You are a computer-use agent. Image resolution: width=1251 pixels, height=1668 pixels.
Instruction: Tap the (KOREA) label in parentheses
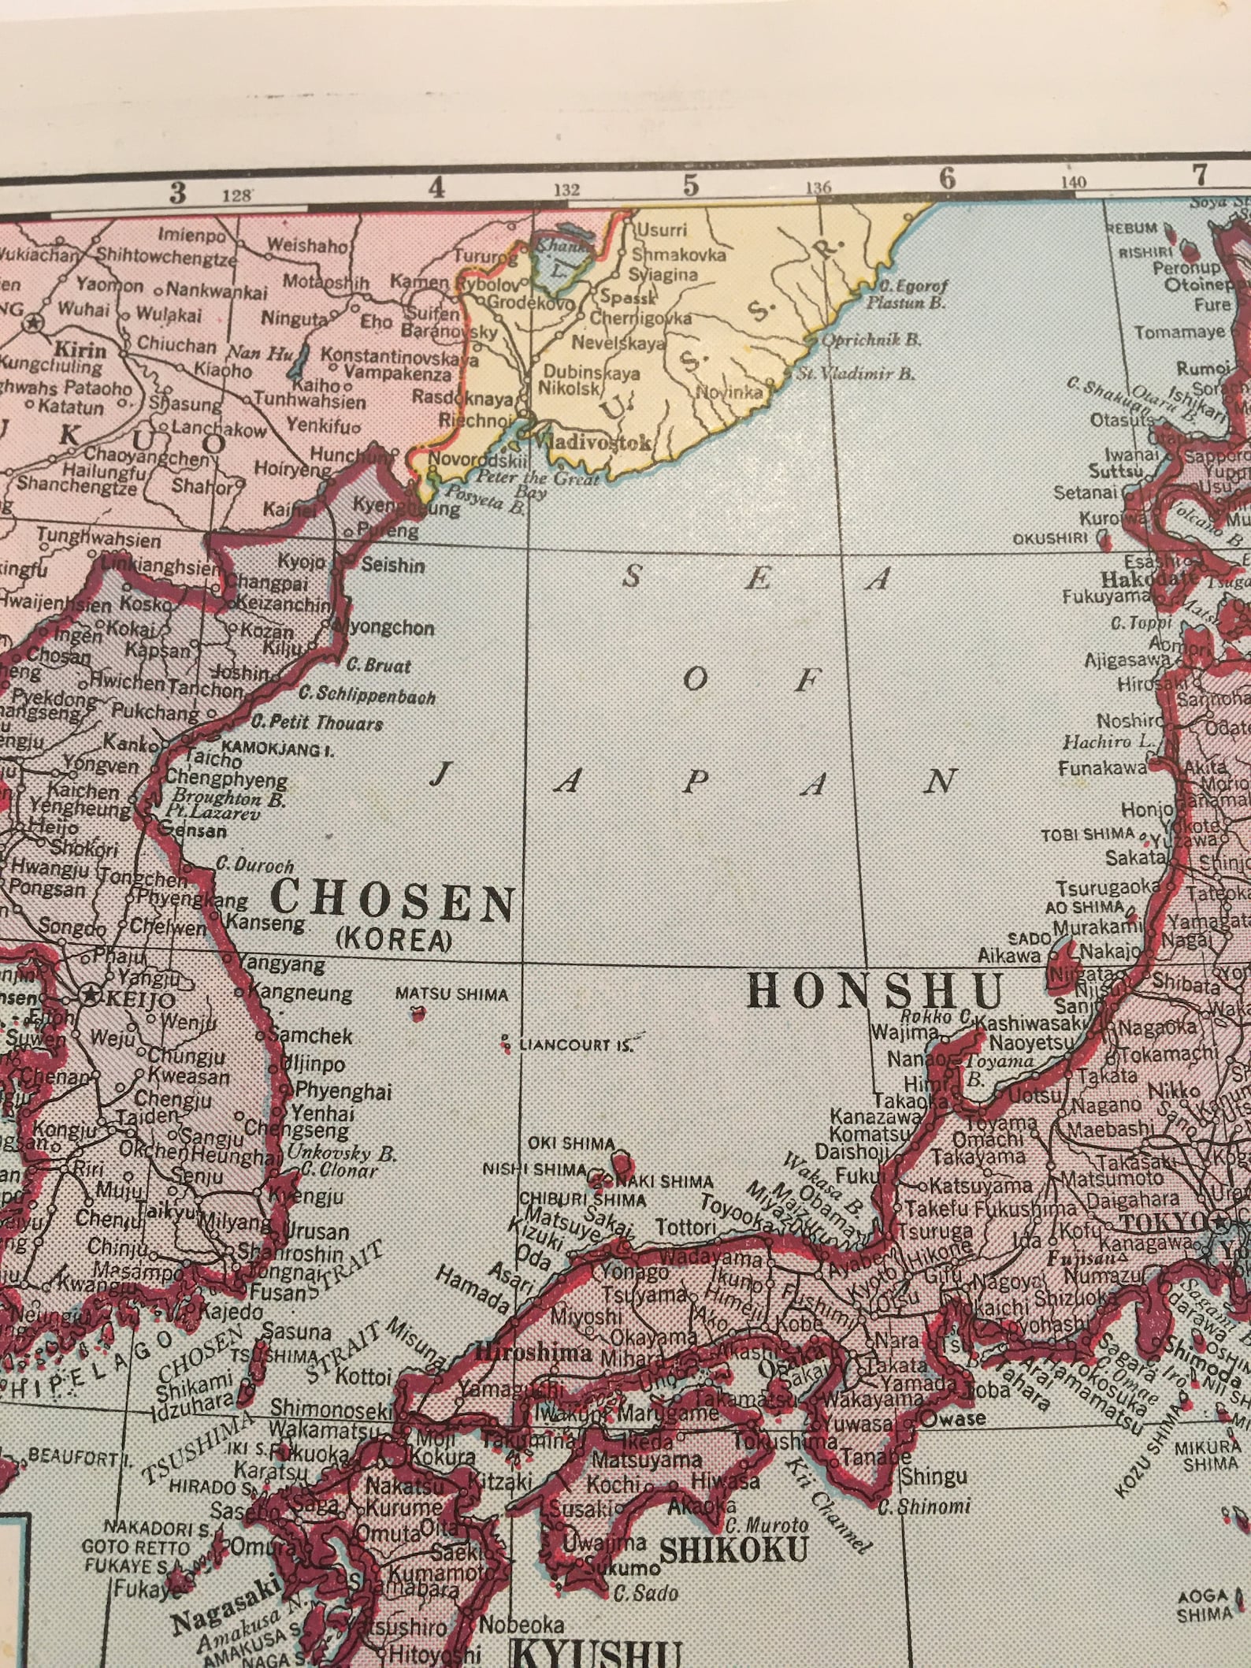click(395, 940)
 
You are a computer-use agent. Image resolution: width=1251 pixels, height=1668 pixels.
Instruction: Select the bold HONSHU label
click(874, 990)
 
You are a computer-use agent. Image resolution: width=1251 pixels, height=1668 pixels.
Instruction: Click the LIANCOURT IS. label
click(576, 1046)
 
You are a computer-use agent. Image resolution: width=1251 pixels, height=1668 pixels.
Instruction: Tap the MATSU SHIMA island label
click(451, 994)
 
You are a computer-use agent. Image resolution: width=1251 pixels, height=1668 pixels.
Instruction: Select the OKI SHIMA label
click(571, 1142)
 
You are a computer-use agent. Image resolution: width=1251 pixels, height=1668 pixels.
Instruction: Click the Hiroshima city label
click(534, 1352)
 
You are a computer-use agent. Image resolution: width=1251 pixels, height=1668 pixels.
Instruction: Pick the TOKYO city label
click(1164, 1243)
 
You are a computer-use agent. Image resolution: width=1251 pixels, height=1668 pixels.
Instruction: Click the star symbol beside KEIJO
click(91, 996)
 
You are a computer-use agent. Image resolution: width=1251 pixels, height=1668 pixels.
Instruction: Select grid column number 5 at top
click(691, 184)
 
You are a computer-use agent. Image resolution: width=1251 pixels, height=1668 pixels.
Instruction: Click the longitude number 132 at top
click(566, 189)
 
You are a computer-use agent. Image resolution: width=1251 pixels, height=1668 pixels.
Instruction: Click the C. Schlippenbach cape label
click(367, 695)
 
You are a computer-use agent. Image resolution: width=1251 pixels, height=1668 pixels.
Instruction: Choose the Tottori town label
click(685, 1227)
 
